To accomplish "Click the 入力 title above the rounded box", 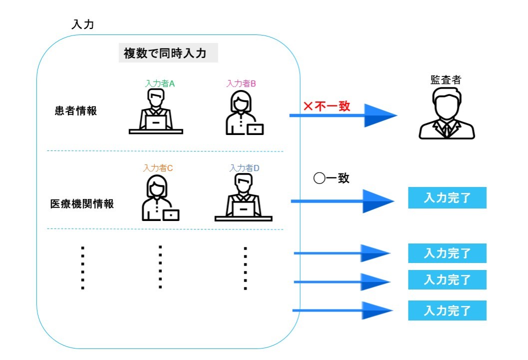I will tap(83, 24).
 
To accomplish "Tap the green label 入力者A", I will tap(160, 84).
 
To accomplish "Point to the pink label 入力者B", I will tap(241, 84).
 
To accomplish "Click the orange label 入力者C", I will tap(158, 168).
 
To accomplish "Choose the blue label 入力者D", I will tap(244, 168).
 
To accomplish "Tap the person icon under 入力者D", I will tap(243, 198).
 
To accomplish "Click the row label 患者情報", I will tap(76, 111).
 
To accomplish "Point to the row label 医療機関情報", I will tap(82, 204).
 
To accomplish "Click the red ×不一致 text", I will tap(327, 106).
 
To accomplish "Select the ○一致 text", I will tap(331, 178).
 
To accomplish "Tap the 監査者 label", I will tap(446, 79).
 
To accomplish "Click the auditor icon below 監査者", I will tap(447, 113).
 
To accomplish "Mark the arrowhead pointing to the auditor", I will tap(379, 115).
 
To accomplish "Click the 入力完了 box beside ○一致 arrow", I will tap(447, 198).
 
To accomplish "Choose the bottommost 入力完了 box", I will tap(447, 310).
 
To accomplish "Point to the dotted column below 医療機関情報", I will tap(83, 268).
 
